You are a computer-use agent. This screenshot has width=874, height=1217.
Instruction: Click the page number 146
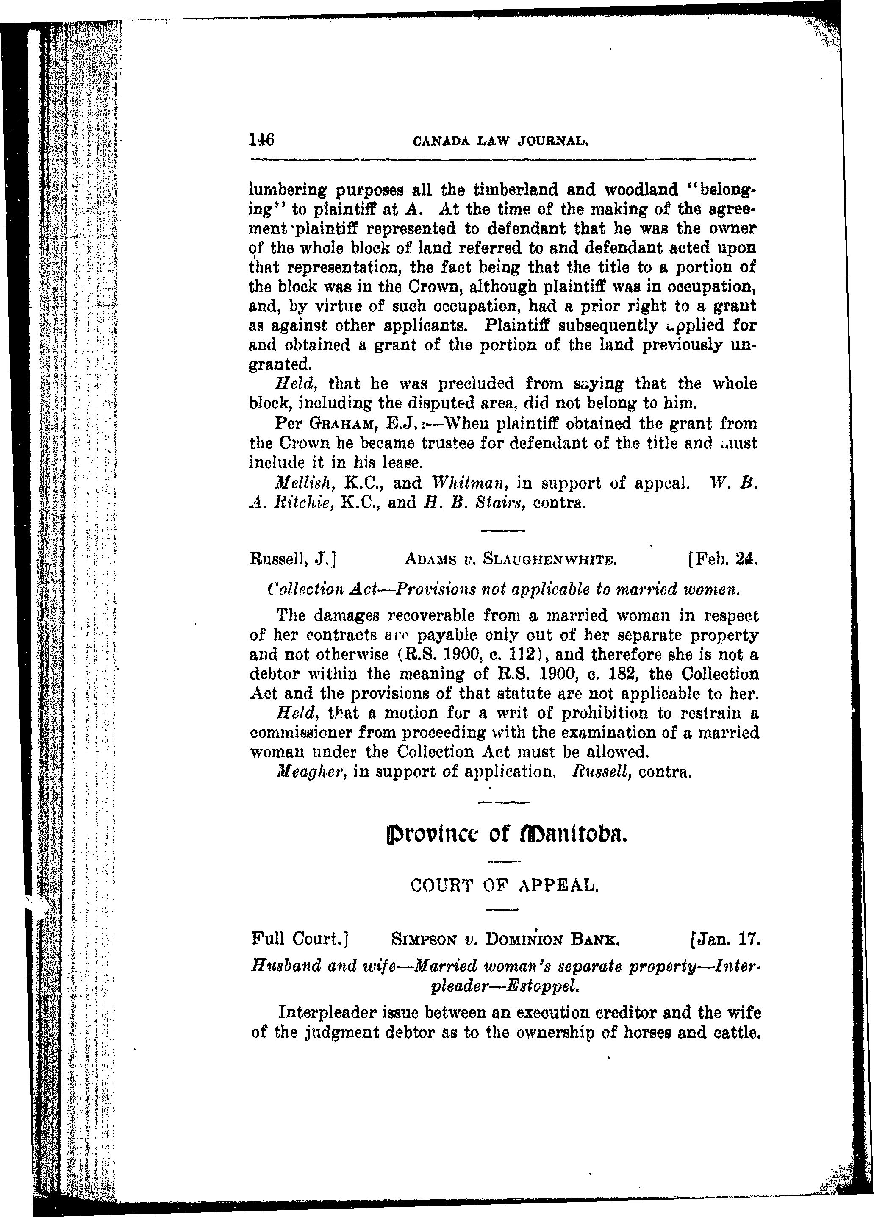coord(262,140)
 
